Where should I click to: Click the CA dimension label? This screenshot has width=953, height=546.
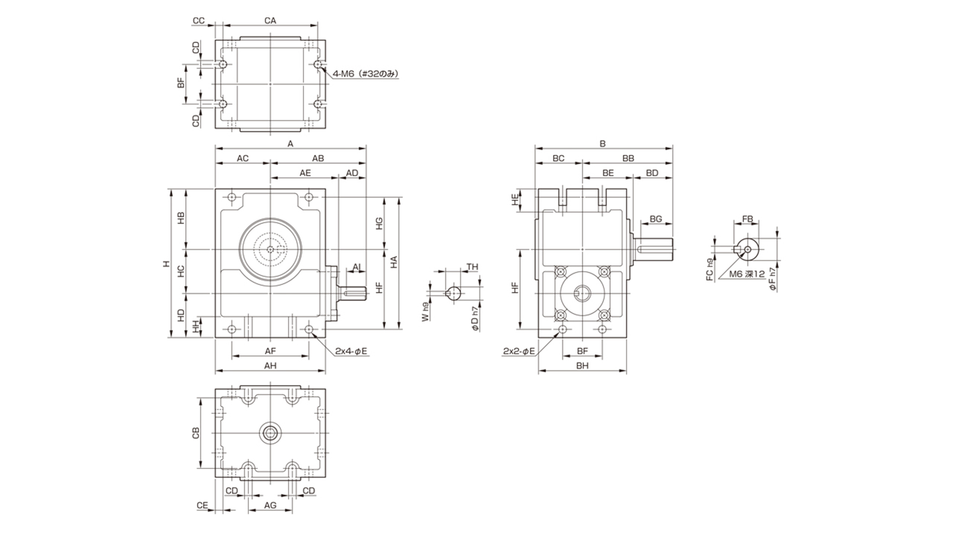click(270, 21)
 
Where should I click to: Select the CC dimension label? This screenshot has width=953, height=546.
click(199, 21)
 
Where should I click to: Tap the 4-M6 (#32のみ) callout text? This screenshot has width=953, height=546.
click(366, 74)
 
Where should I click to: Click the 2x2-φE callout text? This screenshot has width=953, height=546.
click(519, 351)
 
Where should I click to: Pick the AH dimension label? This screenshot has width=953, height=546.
click(270, 366)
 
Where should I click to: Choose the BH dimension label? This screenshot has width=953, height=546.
click(582, 366)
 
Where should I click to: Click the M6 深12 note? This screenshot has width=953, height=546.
click(747, 273)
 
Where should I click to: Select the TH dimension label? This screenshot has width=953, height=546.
click(473, 267)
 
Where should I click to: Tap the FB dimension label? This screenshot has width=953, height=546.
click(747, 219)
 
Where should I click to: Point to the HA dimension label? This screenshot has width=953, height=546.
click(394, 262)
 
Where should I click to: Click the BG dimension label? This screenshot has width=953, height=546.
click(656, 219)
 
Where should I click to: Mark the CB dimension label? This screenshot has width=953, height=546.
click(196, 432)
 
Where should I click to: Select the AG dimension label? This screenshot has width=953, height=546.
click(270, 505)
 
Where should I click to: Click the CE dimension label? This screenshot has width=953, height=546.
click(202, 505)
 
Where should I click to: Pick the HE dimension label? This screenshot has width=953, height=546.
click(515, 200)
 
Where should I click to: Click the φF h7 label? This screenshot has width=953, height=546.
click(772, 279)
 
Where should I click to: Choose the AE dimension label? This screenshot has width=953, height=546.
click(305, 173)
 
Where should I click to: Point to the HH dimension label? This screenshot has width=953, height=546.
click(196, 327)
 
